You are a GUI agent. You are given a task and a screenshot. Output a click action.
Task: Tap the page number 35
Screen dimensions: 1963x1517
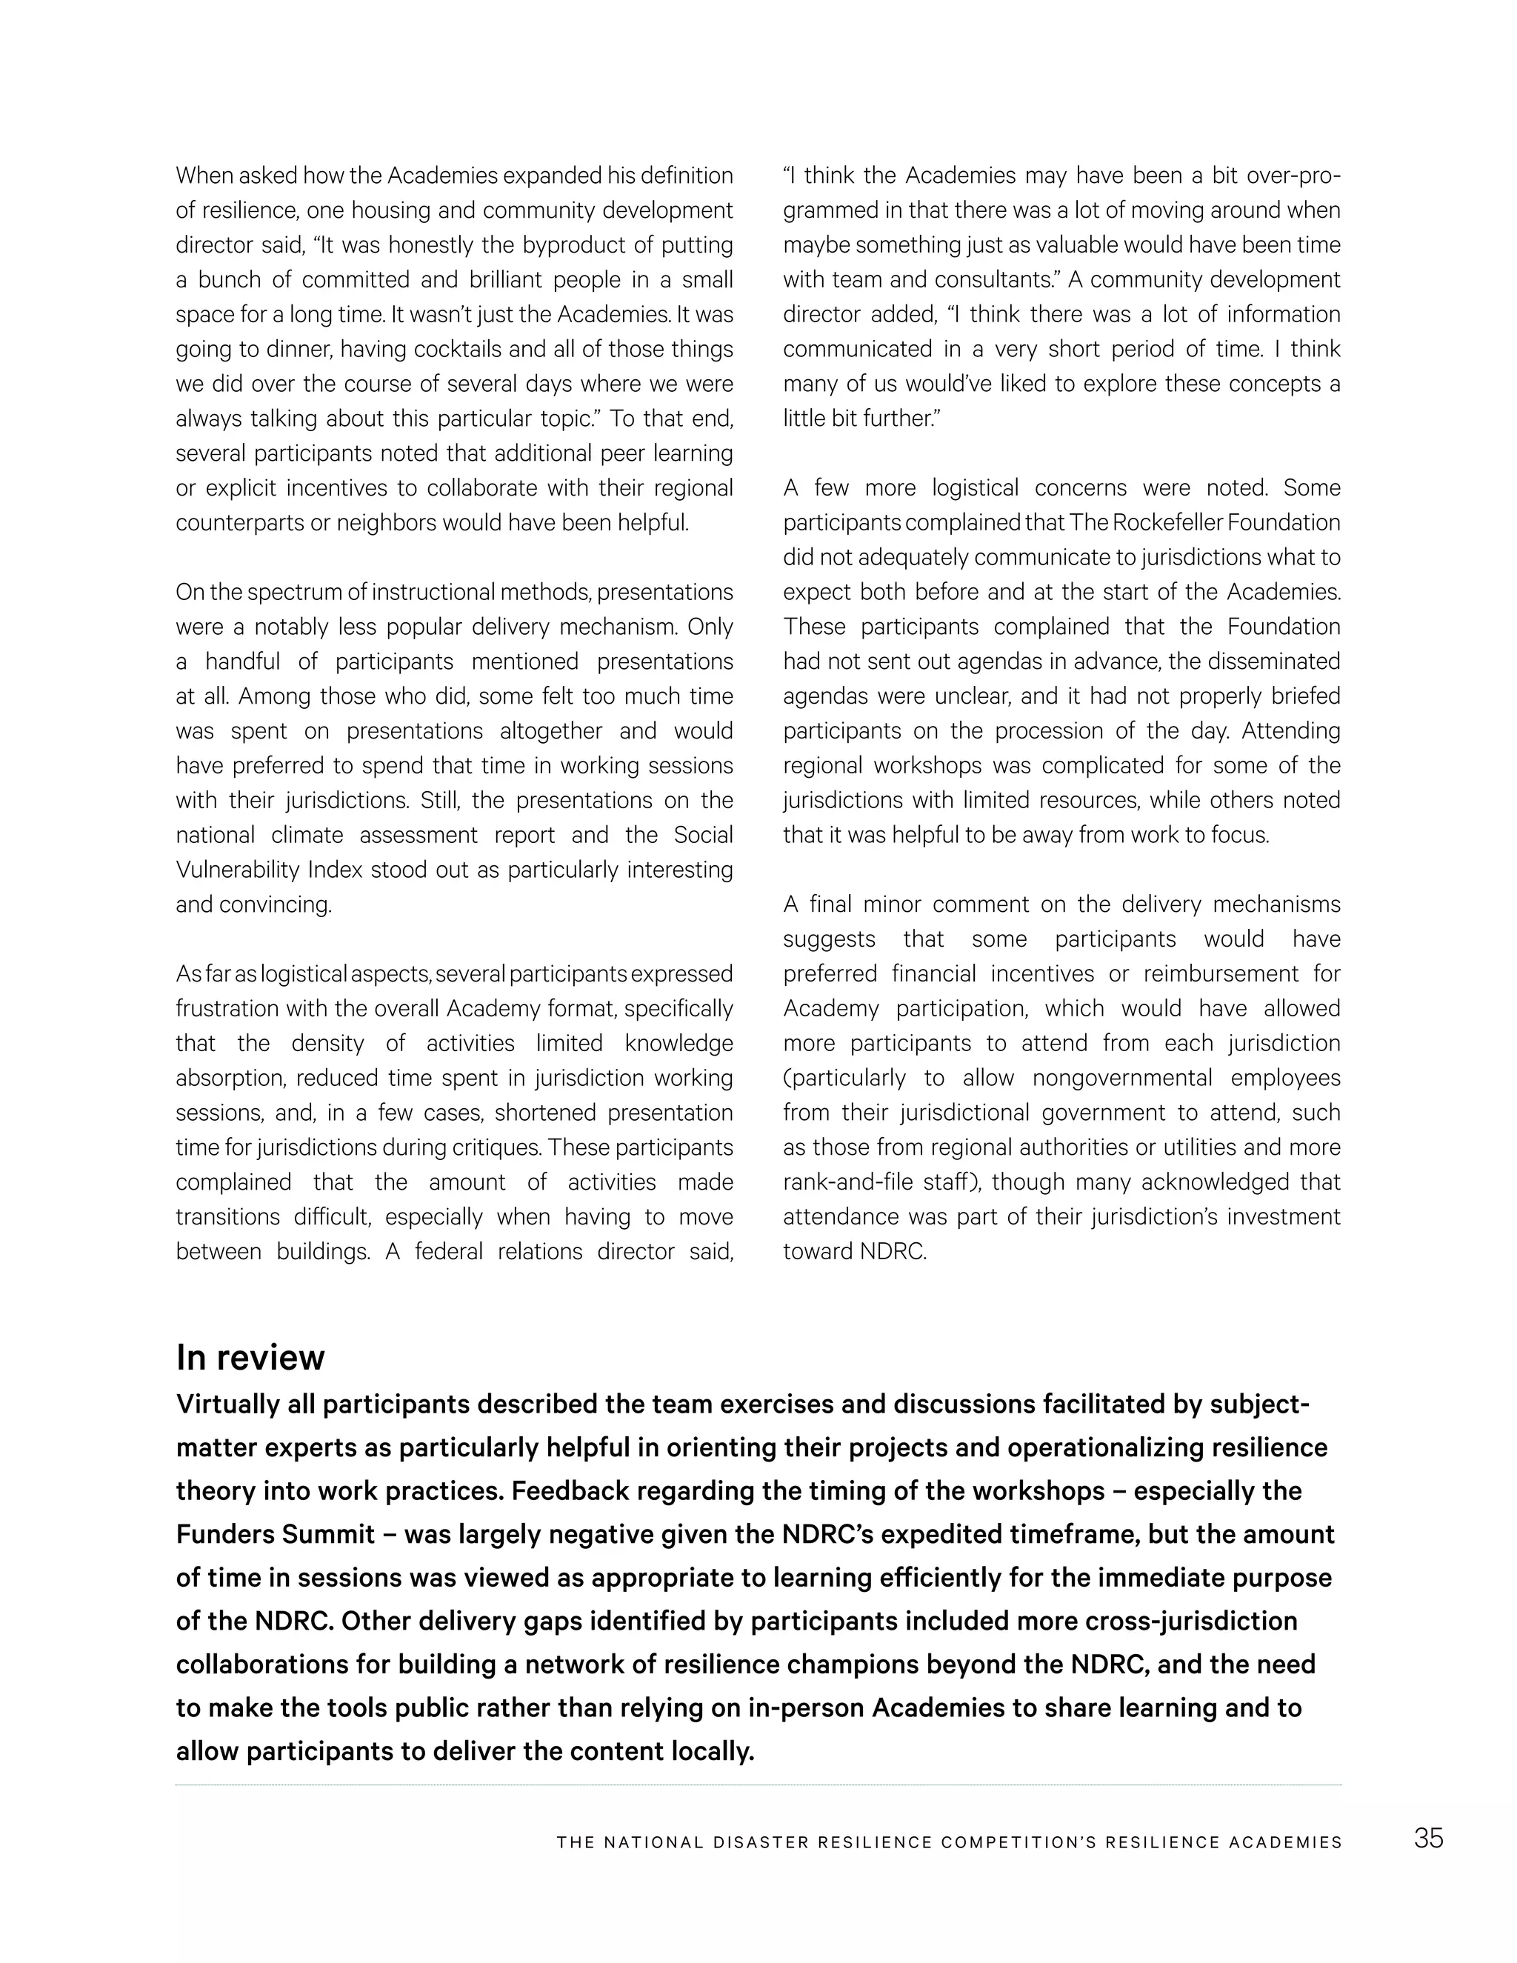coord(1428,1838)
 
